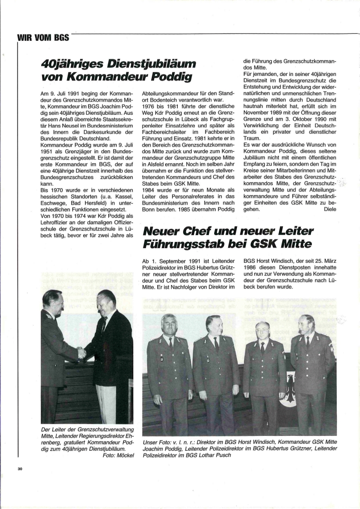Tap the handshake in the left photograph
tap(82, 353)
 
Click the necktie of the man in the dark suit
tap(104, 324)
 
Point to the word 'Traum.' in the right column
tap(252, 138)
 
